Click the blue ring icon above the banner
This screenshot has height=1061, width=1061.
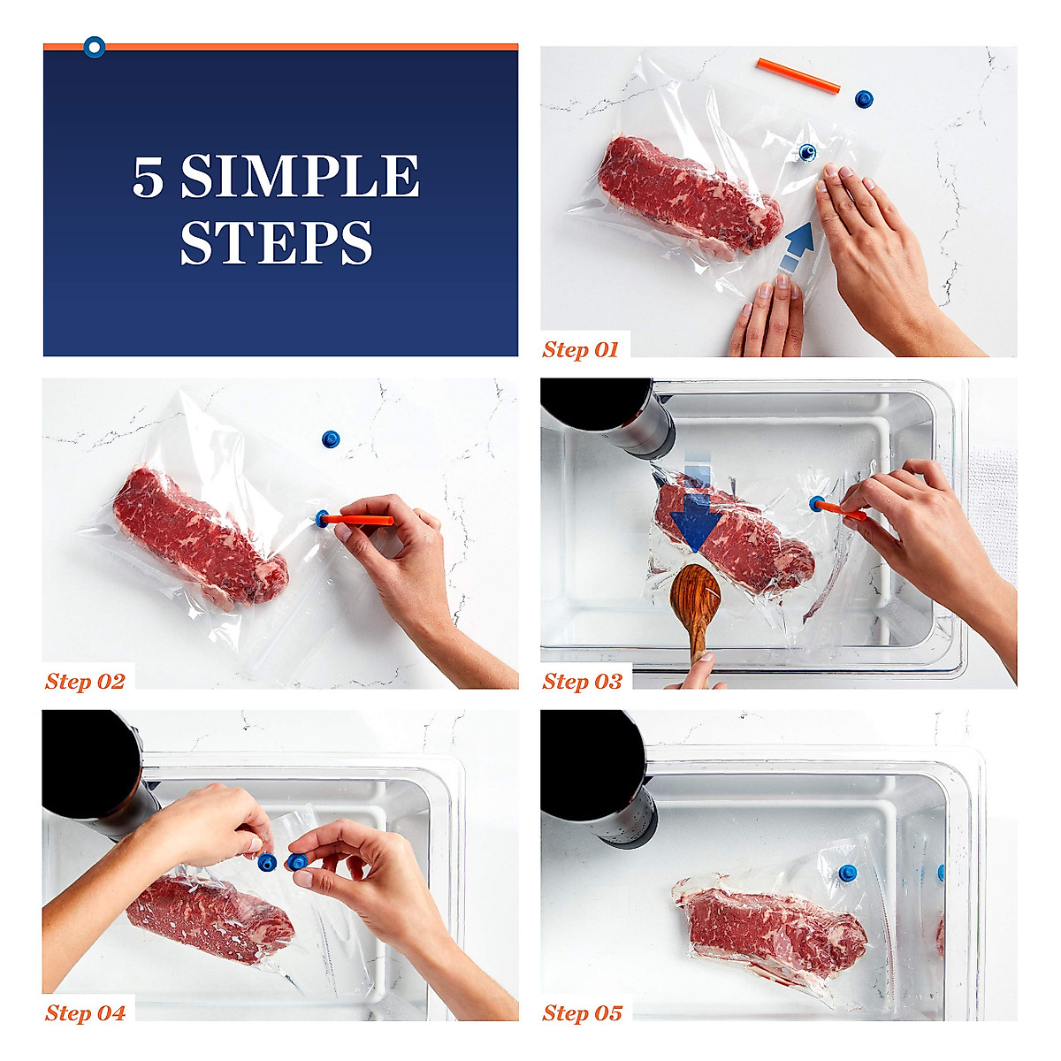[94, 46]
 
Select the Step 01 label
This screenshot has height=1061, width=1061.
[580, 349]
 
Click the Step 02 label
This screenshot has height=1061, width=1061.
[85, 681]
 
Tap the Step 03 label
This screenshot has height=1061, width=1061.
[582, 681]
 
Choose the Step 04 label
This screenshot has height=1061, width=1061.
[85, 1013]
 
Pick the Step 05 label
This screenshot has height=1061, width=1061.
[582, 1013]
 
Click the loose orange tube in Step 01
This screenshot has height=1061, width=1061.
[798, 76]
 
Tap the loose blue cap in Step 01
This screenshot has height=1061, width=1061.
[864, 98]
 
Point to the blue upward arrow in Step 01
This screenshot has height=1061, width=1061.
[798, 243]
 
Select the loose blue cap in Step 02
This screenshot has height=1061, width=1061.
[331, 439]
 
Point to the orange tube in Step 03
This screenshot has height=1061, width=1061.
[840, 509]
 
